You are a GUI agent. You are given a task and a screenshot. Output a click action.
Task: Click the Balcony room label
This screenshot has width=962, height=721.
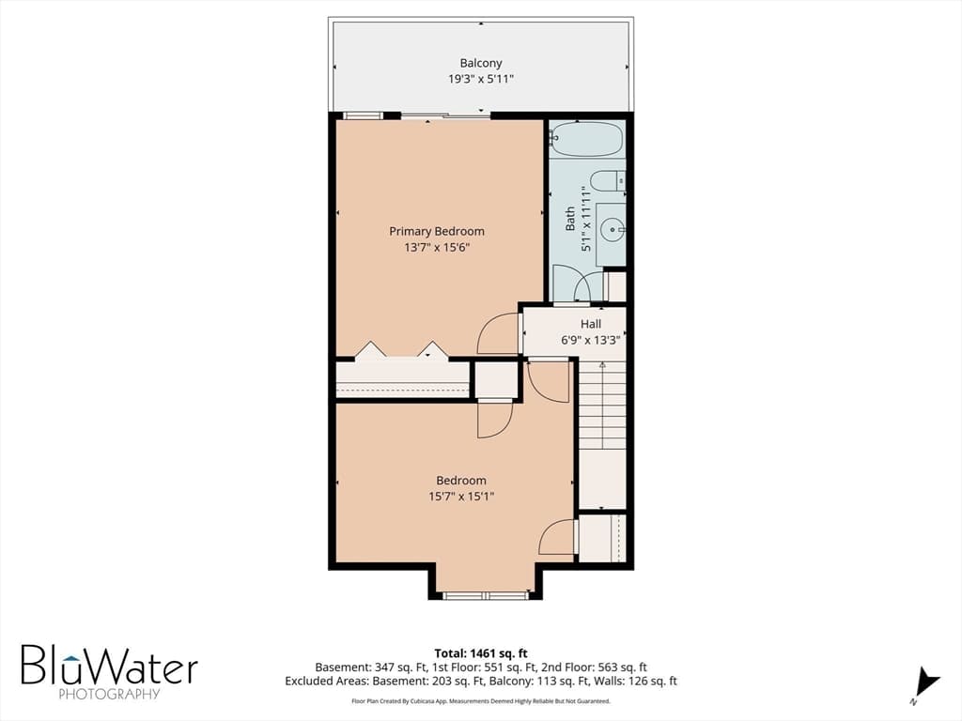[x=481, y=63]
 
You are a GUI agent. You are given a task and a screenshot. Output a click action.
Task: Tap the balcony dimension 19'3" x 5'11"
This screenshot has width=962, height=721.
[x=481, y=79]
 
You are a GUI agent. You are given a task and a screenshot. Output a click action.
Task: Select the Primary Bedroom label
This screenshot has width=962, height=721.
[x=437, y=231]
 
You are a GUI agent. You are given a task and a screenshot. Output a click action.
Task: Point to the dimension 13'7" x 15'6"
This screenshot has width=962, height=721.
[x=437, y=248]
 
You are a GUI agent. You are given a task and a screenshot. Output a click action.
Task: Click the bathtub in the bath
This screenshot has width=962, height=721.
[x=586, y=139]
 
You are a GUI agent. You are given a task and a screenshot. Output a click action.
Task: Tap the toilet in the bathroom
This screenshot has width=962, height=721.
[x=608, y=181]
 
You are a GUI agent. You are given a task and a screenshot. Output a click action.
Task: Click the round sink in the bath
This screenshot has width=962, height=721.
[x=612, y=231]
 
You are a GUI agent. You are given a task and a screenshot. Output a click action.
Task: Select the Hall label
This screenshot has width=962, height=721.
[x=591, y=324]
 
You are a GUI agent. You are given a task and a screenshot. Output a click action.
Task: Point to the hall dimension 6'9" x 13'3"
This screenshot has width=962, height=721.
[x=591, y=340]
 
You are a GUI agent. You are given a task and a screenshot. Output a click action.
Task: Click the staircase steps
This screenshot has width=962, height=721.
[x=602, y=405]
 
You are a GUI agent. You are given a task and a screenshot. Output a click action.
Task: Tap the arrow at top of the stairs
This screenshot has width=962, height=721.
[x=602, y=365]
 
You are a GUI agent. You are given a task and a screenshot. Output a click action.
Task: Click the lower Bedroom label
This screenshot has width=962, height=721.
[x=461, y=481]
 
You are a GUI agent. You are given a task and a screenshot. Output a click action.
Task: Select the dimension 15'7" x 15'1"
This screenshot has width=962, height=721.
[x=461, y=497]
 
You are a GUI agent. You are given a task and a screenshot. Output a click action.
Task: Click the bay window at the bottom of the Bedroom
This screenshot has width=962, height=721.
[x=486, y=594]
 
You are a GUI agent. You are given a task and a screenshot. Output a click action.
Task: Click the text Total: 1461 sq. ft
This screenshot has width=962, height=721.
[x=481, y=653]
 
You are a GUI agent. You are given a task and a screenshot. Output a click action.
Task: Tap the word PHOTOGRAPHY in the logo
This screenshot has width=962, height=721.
[x=109, y=694]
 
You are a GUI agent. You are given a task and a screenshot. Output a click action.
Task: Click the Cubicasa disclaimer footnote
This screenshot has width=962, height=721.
[x=481, y=700]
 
